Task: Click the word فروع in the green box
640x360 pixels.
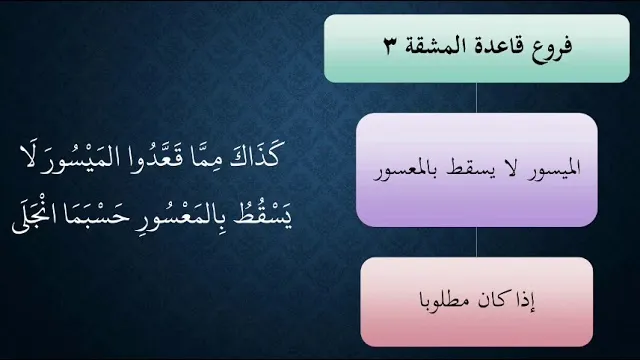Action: [552, 47]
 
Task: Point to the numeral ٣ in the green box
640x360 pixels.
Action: [389, 46]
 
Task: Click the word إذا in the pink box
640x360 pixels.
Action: [527, 300]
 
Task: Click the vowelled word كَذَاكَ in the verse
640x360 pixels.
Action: [255, 155]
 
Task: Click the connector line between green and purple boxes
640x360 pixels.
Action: [476, 98]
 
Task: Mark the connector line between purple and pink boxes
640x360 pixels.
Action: [476, 242]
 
